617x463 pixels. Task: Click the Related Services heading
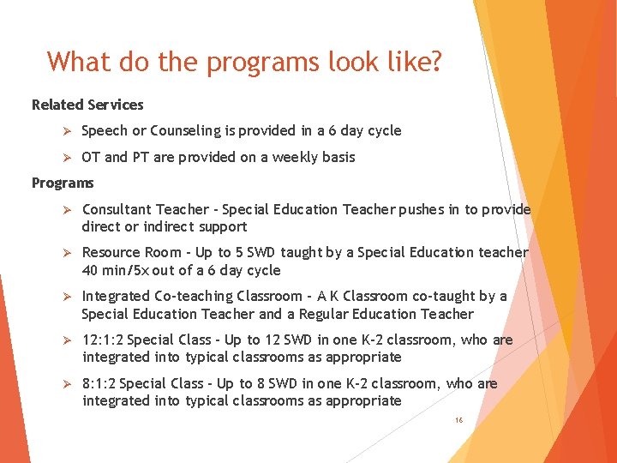87,105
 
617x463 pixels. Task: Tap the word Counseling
185,131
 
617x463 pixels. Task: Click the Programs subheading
63,183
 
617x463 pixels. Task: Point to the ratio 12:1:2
103,340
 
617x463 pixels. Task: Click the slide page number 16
459,421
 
